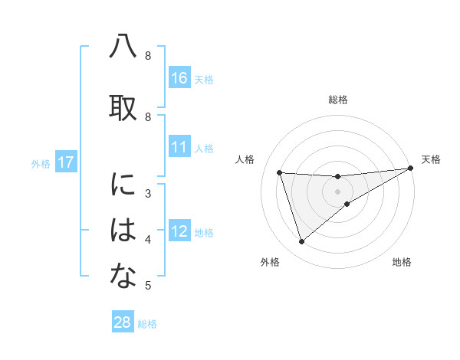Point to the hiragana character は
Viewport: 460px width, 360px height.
[123, 231]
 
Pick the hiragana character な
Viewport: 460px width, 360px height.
[123, 277]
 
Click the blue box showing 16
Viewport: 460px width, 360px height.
[179, 78]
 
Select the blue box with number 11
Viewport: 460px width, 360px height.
[179, 147]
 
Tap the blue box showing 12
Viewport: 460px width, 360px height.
[179, 231]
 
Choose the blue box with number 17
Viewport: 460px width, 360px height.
[65, 162]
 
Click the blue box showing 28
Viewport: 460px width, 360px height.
[123, 322]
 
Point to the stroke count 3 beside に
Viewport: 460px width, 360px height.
[148, 194]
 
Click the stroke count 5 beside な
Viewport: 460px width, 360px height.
[148, 286]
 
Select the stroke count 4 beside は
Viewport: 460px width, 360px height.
[148, 240]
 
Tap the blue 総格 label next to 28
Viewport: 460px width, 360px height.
[147, 324]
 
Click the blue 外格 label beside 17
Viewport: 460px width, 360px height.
[40, 163]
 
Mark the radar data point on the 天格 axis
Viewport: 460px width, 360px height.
[412, 169]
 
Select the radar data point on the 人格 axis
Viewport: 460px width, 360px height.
[280, 172]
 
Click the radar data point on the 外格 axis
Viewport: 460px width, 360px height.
[301, 242]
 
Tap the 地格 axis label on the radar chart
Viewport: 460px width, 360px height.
[402, 263]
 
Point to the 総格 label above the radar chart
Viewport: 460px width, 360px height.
[338, 100]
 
